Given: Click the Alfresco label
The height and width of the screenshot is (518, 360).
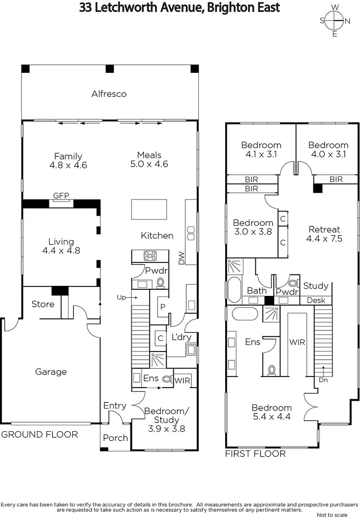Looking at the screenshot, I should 109,94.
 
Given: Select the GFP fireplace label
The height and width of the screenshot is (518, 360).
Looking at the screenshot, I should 61,195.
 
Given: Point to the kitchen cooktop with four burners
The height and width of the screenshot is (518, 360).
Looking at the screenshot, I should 149,256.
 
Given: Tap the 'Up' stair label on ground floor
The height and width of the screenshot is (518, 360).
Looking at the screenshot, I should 121,298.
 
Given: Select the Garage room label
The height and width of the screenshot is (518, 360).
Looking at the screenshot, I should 51,372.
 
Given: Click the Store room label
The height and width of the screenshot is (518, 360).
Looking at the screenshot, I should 43,304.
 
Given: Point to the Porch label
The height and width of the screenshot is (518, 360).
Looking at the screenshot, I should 116,438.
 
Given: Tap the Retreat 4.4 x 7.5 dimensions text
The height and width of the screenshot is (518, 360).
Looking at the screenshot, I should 324,238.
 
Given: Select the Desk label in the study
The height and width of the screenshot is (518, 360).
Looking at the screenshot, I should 316,301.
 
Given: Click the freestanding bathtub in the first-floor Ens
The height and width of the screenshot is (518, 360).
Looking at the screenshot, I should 245,315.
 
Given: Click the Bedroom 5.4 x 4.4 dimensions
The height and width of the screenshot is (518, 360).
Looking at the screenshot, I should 272,417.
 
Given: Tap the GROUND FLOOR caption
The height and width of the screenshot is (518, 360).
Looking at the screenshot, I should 39,435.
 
